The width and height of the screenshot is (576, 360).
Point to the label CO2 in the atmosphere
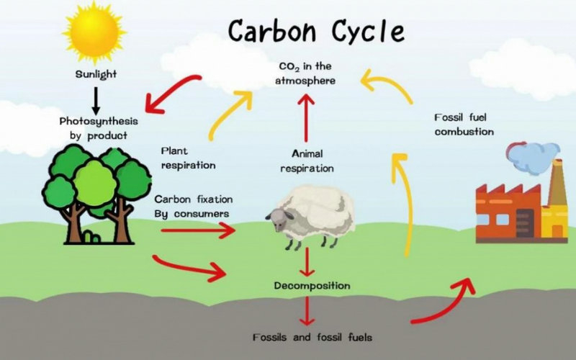306,73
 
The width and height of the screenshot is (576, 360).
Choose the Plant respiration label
189,158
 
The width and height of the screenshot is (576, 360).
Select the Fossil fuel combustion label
464,124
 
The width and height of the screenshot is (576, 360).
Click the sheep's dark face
278,216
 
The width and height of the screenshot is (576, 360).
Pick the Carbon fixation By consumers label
193,206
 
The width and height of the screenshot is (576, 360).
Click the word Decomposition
312,286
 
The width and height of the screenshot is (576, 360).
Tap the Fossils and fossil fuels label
312,336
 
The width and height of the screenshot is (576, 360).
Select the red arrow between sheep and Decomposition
308,261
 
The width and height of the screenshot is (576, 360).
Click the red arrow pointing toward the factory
446,302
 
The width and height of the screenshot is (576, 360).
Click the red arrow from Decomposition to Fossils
308,311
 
